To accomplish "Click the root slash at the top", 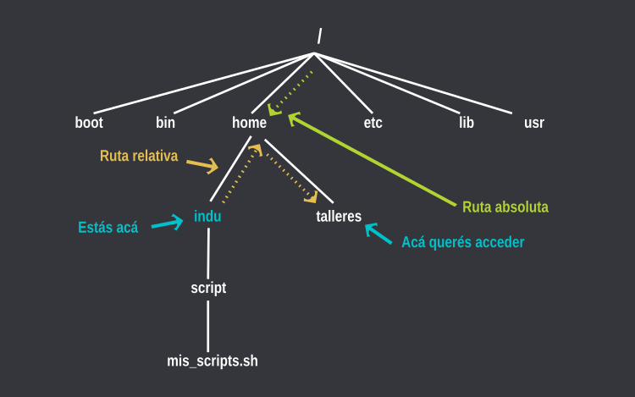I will [319, 36].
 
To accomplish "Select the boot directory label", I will [89, 123].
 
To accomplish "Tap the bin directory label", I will [166, 123].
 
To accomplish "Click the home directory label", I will [249, 123].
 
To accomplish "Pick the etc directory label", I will [373, 123].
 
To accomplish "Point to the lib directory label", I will [467, 123].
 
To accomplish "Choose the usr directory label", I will [533, 123].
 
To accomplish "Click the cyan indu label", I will [207, 216].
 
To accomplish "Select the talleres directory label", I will [339, 216].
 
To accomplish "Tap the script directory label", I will [208, 288].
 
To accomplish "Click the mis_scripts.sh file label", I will [213, 361].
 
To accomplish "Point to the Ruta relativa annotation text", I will [139, 157].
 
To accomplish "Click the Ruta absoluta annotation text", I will [505, 207].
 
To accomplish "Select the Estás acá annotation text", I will [108, 227].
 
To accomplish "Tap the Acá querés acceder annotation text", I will [462, 242].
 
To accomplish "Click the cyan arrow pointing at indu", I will [168, 223].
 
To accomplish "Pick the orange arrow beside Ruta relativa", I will [202, 164].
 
